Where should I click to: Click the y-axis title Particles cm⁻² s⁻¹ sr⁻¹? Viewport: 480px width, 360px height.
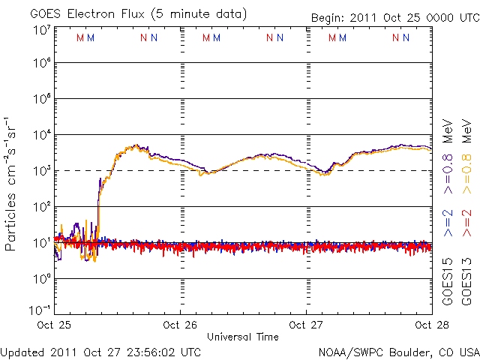click(x=12, y=184)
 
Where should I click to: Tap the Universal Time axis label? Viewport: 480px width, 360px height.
click(x=242, y=337)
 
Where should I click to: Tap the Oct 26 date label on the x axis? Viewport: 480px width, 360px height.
click(x=181, y=325)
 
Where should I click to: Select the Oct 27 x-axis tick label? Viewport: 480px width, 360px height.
click(x=306, y=325)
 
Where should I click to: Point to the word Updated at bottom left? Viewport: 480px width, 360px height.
click(x=22, y=351)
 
